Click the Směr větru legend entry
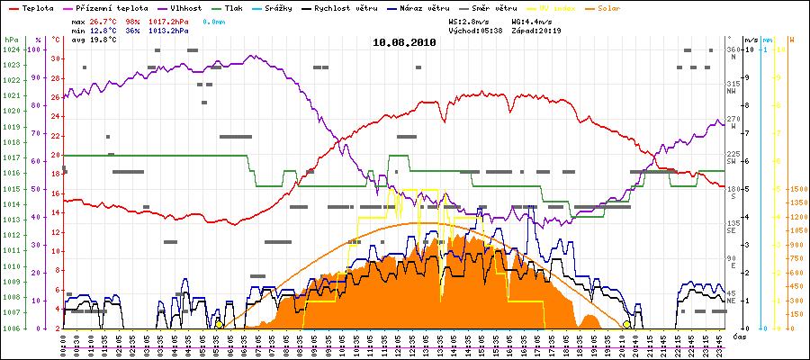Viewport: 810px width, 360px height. coord(491,7)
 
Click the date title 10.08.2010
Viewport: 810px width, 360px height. coord(405,41)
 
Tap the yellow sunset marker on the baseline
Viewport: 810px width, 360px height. coord(626,324)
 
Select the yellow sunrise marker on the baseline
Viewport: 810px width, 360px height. coord(219,324)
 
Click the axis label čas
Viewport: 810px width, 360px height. coord(738,336)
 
